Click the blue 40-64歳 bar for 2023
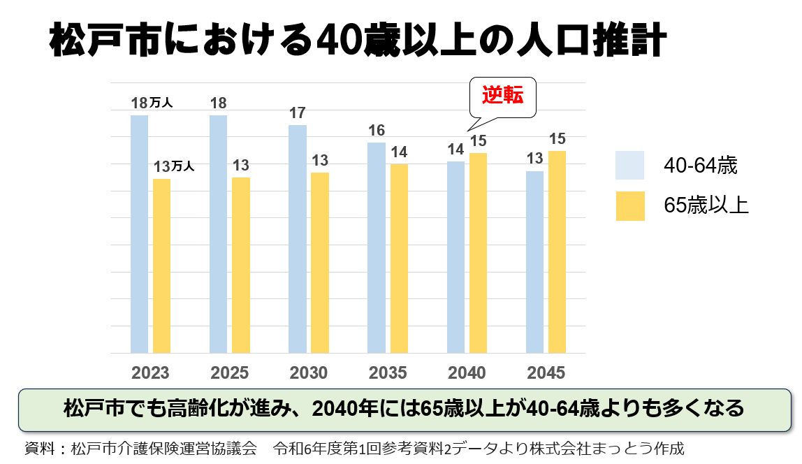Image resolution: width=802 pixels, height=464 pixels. [139, 234]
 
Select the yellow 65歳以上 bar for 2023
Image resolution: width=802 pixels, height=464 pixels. [161, 266]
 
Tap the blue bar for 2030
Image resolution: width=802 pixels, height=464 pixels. [297, 239]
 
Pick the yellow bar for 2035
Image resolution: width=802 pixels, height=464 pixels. [399, 259]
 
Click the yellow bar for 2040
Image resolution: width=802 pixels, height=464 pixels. [478, 253]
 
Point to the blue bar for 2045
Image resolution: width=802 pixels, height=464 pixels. [534, 262]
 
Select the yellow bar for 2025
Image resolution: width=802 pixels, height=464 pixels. [240, 265]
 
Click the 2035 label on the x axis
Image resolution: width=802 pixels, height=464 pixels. [387, 373]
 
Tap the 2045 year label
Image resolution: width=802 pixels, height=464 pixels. [546, 373]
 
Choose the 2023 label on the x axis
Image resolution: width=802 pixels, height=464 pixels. [150, 373]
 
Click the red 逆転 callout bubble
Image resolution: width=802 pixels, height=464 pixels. [503, 96]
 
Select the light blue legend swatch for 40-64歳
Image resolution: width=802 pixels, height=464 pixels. [629, 166]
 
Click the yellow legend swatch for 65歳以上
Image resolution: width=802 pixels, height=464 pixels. [629, 206]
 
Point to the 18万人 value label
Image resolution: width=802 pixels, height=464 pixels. [152, 103]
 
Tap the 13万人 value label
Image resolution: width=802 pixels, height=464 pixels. [173, 167]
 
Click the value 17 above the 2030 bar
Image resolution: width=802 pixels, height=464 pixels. [298, 113]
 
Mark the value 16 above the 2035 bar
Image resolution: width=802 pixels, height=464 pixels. [377, 131]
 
